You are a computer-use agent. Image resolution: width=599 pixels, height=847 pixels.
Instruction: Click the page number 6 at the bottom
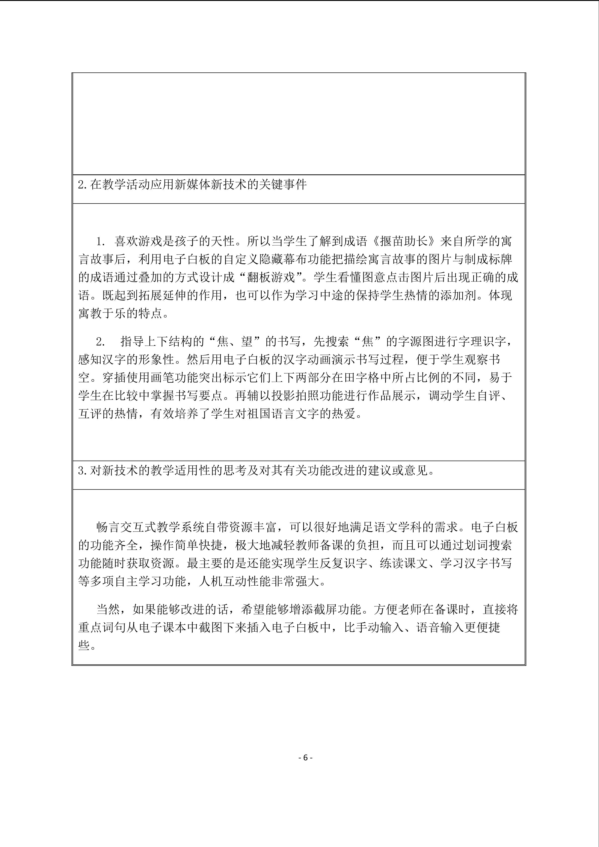pos(305,758)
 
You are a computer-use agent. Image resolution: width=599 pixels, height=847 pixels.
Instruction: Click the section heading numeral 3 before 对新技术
pos(82,471)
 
